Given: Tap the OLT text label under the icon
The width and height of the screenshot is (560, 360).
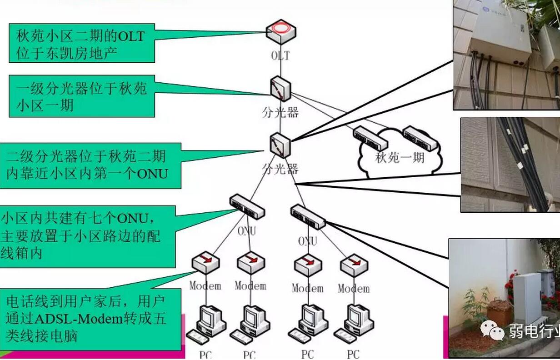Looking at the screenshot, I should coord(280,56).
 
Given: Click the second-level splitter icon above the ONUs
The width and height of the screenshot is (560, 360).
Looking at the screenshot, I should coord(280,145).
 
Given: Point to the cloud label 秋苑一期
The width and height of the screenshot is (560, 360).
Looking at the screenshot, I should coord(400,158).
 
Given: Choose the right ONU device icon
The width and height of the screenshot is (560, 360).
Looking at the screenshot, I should coord(308,217).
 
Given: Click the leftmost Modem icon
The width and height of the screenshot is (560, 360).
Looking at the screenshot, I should coord(205,263).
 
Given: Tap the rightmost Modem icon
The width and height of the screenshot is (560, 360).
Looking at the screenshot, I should coord(354,265).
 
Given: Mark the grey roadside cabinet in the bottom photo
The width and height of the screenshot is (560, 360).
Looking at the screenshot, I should coord(527,298).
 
